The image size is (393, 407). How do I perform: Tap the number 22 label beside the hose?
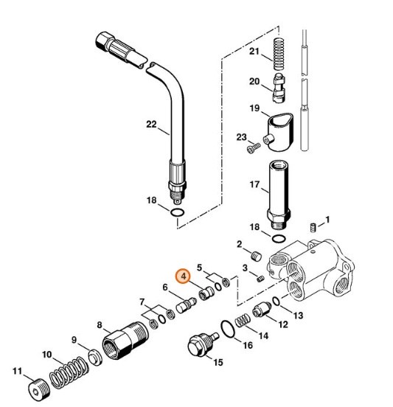pyautogui.click(x=151, y=125)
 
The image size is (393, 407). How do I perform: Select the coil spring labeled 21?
pyautogui.click(x=277, y=53)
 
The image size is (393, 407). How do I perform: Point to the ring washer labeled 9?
pyautogui.click(x=95, y=358)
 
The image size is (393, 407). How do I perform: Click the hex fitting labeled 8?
pyautogui.click(x=123, y=341)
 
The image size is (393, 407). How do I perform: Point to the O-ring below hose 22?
pyautogui.click(x=176, y=215)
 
